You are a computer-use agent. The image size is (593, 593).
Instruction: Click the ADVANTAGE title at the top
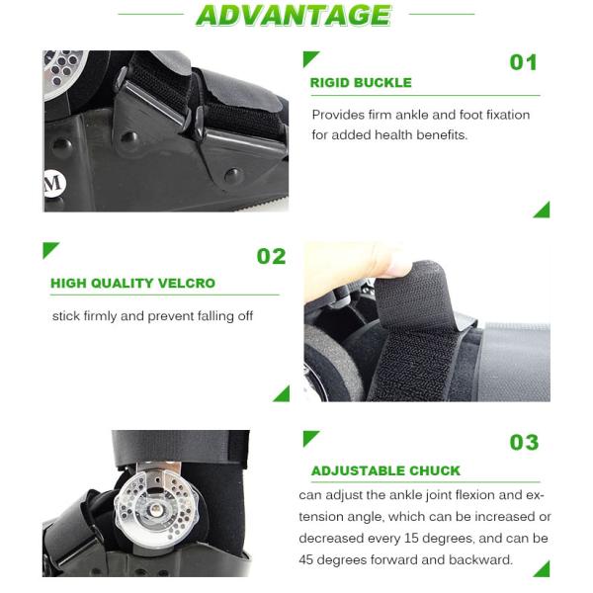[x=294, y=15]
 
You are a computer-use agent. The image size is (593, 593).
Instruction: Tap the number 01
[x=524, y=62]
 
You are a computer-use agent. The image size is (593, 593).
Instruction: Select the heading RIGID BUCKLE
[x=361, y=82]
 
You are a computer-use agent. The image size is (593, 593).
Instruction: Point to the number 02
[x=271, y=256]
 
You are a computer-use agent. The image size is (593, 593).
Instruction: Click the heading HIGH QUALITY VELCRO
[x=132, y=283]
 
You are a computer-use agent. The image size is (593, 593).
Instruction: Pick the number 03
[x=524, y=442]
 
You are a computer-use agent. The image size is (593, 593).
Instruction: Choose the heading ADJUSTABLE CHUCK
[x=385, y=470]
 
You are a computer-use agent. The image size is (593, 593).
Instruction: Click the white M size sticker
[x=54, y=184]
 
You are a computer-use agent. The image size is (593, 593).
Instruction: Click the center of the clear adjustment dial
[x=155, y=510]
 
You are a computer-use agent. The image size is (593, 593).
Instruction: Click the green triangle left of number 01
[x=311, y=59]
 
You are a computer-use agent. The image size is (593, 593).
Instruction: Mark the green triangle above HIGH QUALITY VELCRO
[x=51, y=250]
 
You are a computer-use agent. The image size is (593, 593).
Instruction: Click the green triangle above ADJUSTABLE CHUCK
[x=311, y=439]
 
